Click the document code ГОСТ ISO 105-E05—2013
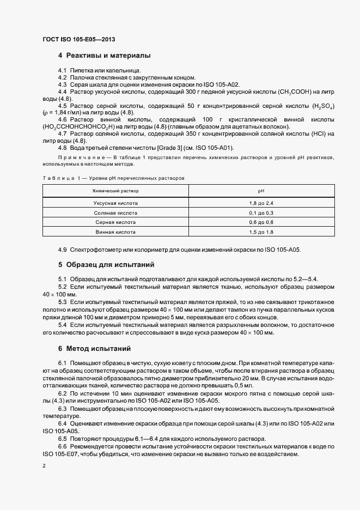(x=78, y=40)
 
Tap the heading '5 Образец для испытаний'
(x=106, y=265)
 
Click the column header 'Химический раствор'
(x=115, y=191)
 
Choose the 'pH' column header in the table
(x=260, y=191)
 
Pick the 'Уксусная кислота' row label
(x=115, y=203)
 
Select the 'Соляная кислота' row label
(x=115, y=212)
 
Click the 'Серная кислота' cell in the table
(x=115, y=222)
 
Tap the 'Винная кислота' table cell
(x=115, y=232)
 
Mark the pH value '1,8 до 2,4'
(x=260, y=203)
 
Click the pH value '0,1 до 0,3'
(x=260, y=212)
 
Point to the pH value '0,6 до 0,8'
(x=260, y=222)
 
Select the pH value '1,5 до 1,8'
(x=260, y=232)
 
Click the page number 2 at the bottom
(x=44, y=466)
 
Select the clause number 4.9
(x=62, y=250)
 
